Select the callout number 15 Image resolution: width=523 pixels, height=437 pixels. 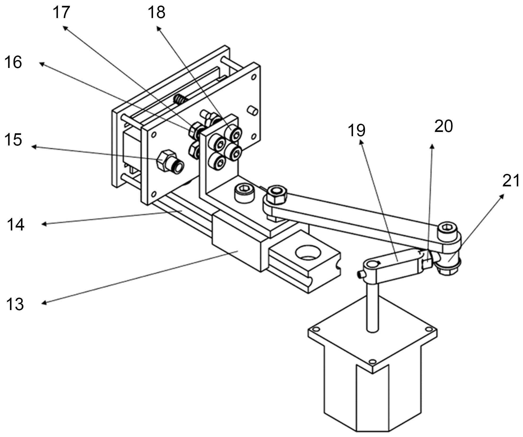(x=13, y=140)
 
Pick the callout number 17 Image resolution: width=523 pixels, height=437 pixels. (x=61, y=12)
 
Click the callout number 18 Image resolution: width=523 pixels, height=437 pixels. (x=157, y=12)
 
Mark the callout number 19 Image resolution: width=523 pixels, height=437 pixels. (x=357, y=130)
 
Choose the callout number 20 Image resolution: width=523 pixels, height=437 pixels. (x=444, y=126)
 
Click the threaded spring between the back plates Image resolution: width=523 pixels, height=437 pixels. (x=180, y=100)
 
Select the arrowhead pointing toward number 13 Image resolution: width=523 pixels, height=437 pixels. (x=45, y=303)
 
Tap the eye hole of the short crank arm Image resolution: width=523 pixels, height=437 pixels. (x=371, y=264)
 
